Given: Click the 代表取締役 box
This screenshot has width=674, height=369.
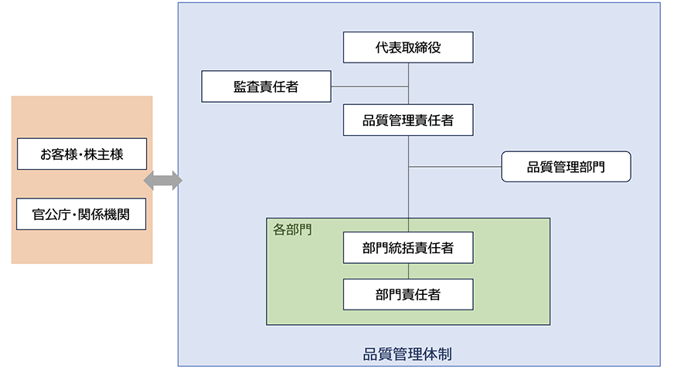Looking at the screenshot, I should [x=408, y=48].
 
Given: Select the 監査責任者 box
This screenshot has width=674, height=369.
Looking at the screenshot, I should [x=266, y=86].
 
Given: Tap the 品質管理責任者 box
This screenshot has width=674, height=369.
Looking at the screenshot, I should [x=408, y=120].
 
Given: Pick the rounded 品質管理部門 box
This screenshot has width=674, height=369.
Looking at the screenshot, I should [x=566, y=167].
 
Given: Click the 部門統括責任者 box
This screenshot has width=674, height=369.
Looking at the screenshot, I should [x=408, y=248].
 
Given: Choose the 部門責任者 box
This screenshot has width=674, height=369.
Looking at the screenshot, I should [x=408, y=294].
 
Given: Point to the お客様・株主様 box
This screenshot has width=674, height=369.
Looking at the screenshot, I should [x=82, y=154].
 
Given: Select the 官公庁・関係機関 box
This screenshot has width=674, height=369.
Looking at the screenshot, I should [x=82, y=214].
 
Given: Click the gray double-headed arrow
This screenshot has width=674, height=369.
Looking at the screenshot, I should [x=163, y=181].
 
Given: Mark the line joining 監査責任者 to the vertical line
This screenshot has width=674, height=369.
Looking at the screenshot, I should [x=369, y=86].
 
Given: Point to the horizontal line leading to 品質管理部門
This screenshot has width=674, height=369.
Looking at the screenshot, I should [x=455, y=167].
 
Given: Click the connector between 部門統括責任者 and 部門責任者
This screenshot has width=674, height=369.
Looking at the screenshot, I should [x=408, y=271].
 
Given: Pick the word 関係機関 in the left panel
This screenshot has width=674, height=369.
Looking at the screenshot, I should [x=104, y=214].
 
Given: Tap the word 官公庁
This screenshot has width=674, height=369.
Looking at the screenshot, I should [x=49, y=214].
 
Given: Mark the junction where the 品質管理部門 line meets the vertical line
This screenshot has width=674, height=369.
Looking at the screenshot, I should [x=408, y=167].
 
